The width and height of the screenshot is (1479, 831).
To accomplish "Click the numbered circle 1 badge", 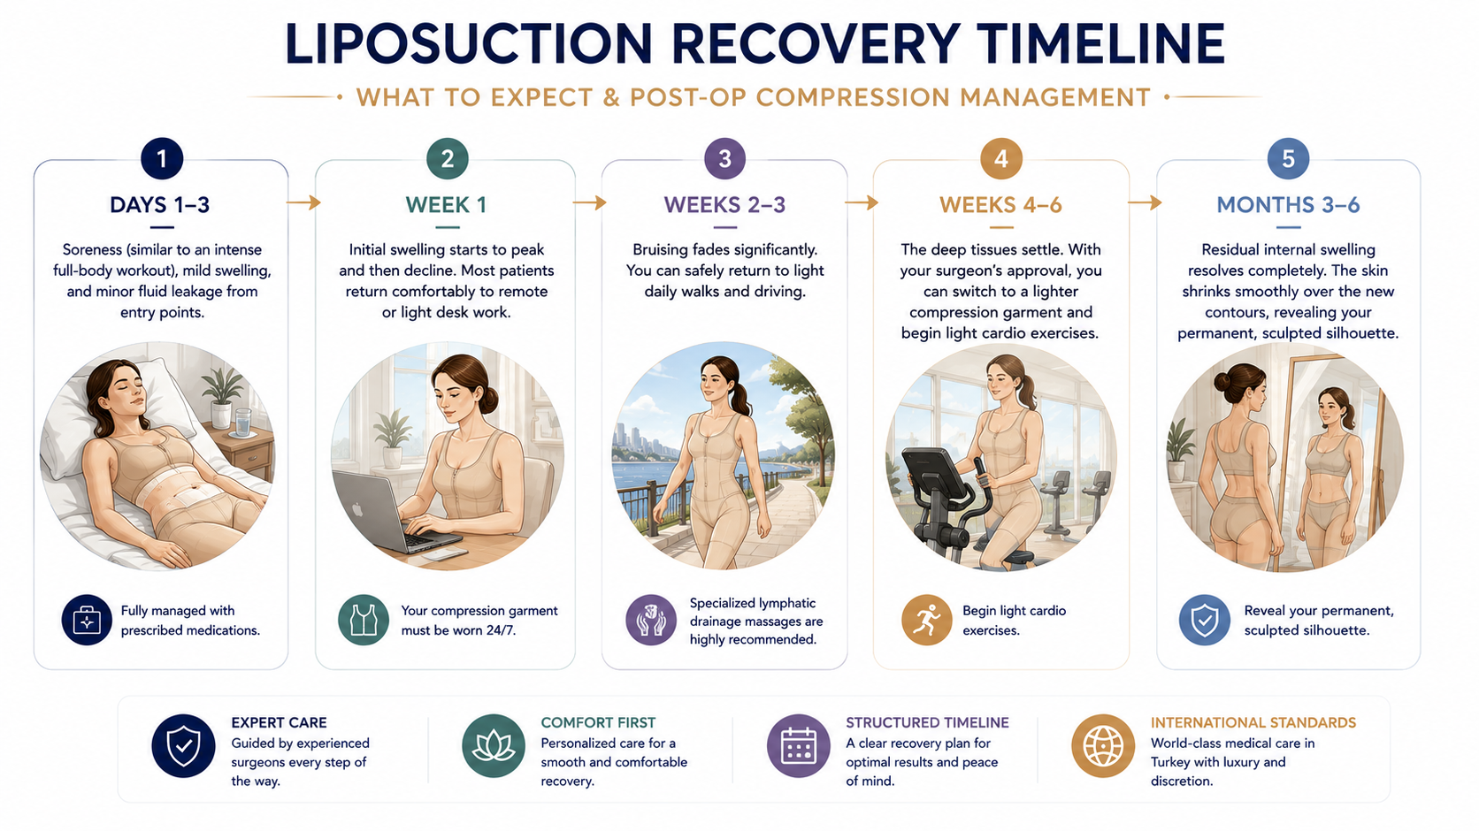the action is point(162,158).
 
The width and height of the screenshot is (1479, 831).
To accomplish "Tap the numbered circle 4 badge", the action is point(1001,158).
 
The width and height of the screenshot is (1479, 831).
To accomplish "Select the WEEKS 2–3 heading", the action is point(724,204).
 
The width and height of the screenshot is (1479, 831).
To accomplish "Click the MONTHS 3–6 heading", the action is point(1288,204).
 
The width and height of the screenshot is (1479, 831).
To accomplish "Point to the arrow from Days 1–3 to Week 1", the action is point(303,202).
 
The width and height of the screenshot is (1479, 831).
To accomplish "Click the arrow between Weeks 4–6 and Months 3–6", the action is point(1145,202).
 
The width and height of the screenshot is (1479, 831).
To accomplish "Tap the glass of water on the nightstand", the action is point(242,423).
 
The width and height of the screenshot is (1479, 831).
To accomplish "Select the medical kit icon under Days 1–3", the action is point(87,620).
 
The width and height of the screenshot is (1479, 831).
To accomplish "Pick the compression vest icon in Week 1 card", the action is point(364,620).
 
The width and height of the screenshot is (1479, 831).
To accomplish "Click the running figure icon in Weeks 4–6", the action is point(926,620).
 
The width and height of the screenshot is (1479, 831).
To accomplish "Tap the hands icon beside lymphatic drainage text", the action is point(651,620).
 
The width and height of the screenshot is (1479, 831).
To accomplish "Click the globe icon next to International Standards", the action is point(1103,746).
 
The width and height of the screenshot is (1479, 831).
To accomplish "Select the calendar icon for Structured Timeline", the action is point(798,746).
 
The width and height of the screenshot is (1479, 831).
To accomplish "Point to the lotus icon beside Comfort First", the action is point(494,746).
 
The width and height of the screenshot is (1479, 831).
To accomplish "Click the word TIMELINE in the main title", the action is point(1100,43).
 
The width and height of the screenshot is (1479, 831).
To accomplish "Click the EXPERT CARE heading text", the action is point(279,723).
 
